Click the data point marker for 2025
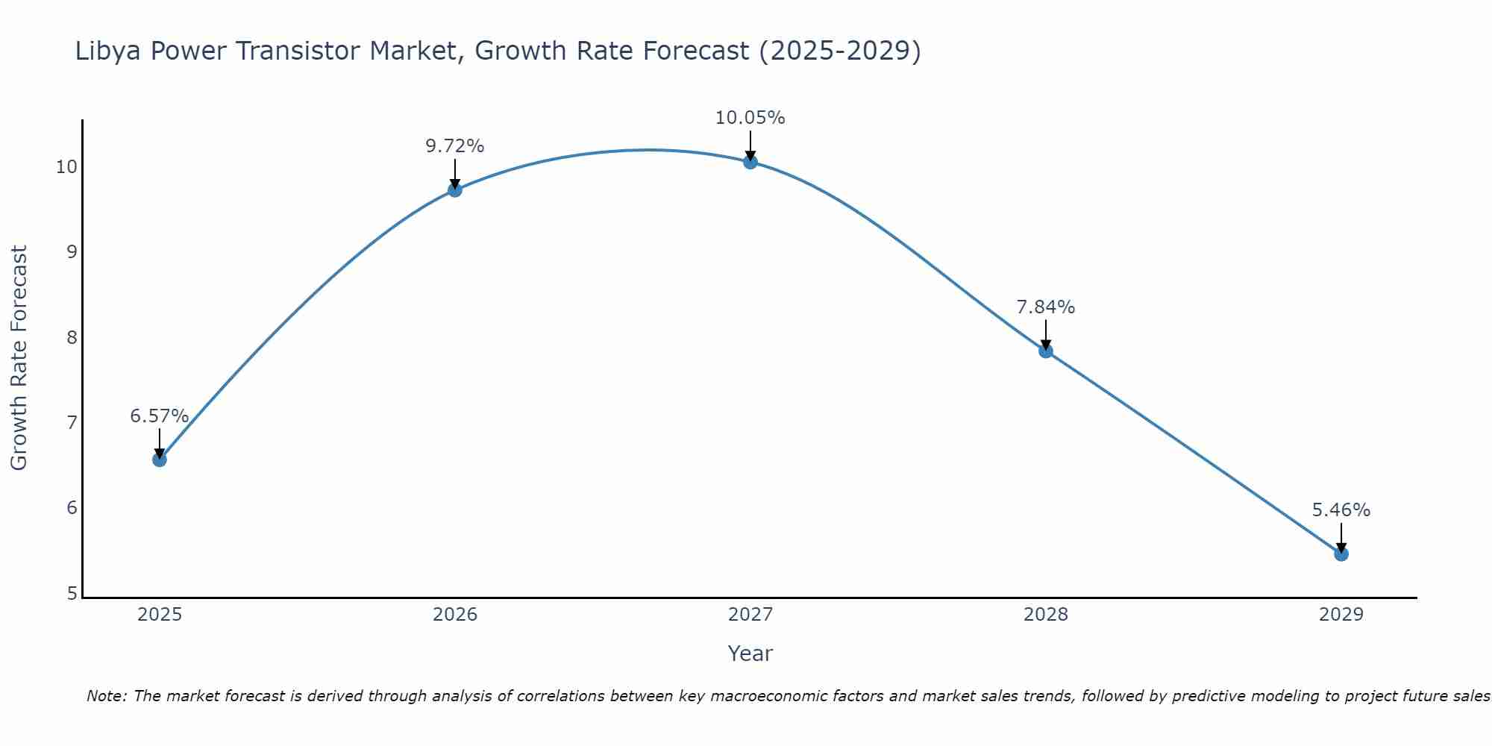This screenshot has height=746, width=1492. coord(160,460)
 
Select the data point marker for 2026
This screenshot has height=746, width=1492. coord(455,189)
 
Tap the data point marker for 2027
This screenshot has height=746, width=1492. coord(750,161)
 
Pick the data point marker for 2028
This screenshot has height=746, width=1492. coord(1046,351)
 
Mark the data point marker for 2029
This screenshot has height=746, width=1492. coord(1341,554)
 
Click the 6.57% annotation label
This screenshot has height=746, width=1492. coord(160,416)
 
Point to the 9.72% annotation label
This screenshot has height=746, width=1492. coord(455,146)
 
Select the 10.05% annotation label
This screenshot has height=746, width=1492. coord(750,118)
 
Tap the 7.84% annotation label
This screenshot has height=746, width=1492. coord(1046,307)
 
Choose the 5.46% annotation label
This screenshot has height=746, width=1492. coord(1341,510)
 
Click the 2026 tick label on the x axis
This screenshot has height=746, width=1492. coord(455,615)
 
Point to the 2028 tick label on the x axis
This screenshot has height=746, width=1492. coord(1046,615)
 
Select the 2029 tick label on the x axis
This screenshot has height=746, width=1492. coord(1341,615)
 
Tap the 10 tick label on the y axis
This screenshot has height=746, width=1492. coord(67,166)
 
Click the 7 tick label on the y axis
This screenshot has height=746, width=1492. coord(72,423)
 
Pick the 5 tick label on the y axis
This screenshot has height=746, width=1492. coord(72,594)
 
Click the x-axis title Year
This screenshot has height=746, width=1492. coord(750,653)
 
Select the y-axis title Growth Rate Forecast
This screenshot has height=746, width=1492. coord(19,358)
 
